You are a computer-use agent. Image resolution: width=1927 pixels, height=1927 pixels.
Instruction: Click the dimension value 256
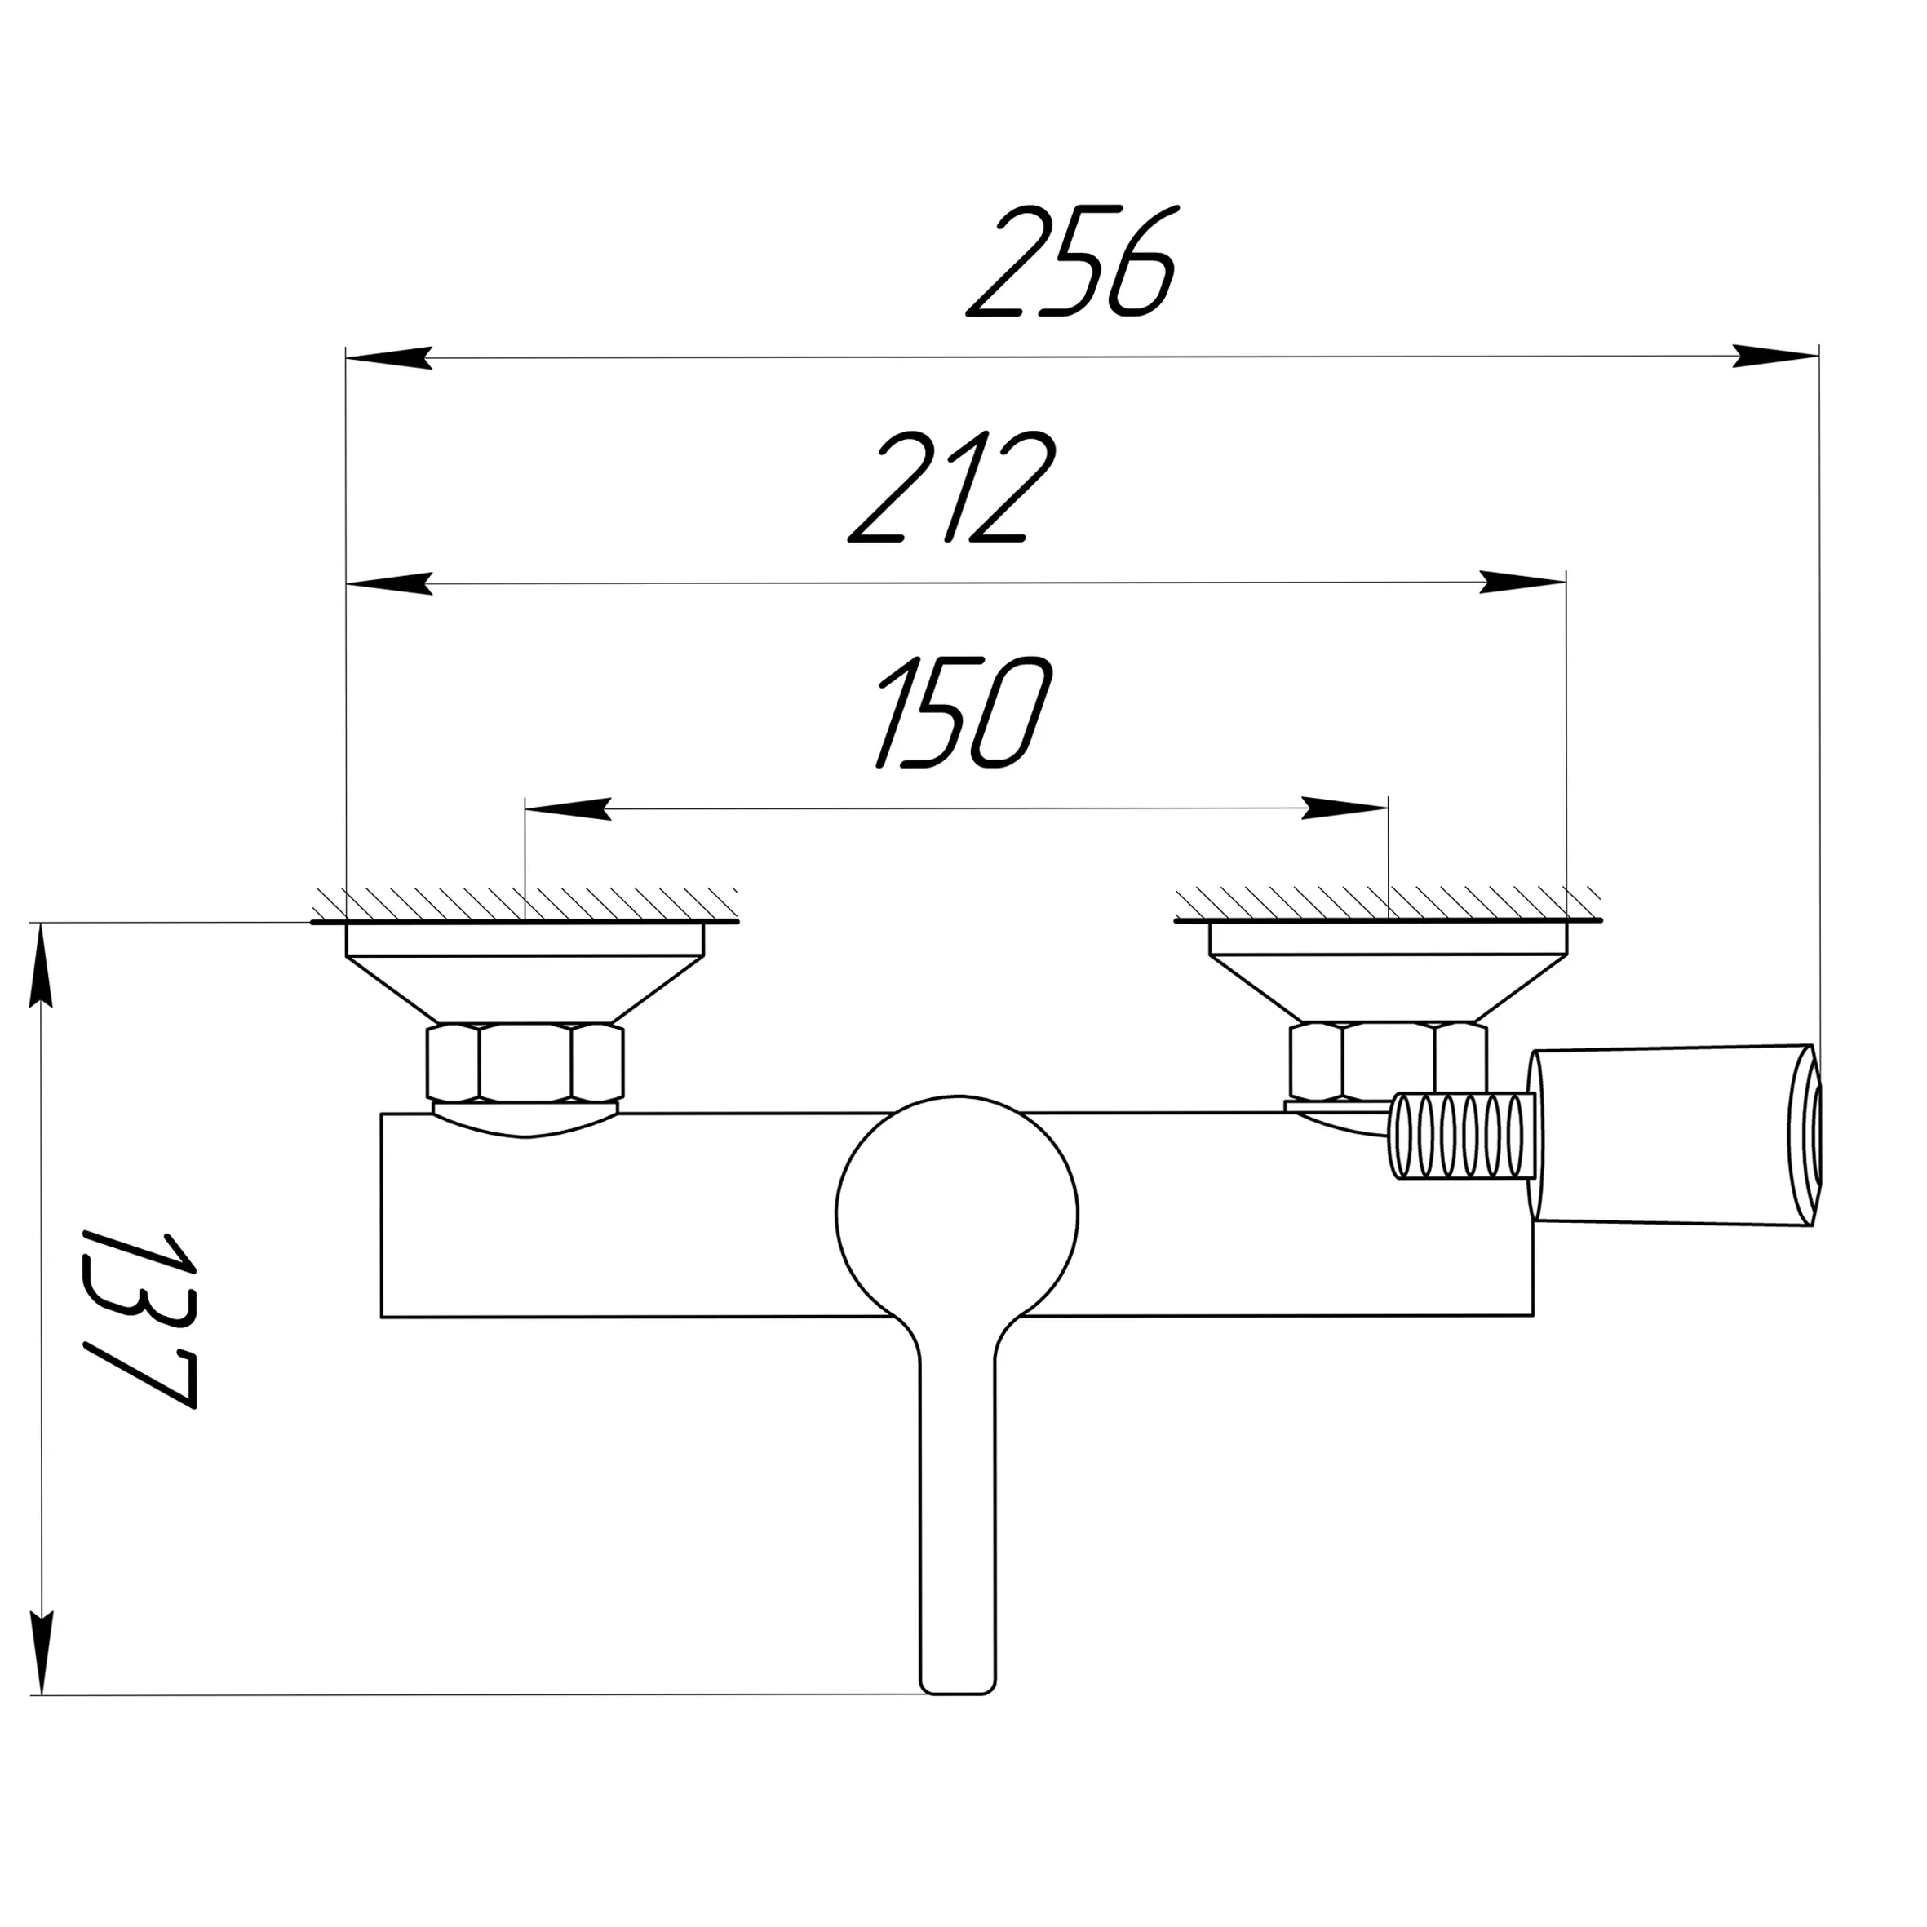coord(1073,263)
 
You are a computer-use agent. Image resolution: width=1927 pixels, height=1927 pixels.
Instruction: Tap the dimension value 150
coord(963,712)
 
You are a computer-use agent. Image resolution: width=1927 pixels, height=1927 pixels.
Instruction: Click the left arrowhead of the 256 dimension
coord(389,357)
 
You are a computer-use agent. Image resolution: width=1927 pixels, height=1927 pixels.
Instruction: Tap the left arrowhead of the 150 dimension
coord(569,809)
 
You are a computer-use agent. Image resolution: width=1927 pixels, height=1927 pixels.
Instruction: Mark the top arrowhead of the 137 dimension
coord(41,965)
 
